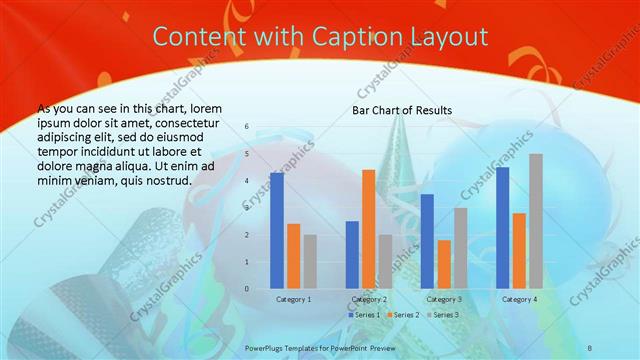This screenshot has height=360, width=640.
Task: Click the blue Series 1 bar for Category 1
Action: tap(277, 231)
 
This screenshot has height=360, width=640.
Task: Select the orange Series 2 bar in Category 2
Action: tap(368, 229)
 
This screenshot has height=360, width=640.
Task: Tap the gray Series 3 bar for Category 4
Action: tap(535, 221)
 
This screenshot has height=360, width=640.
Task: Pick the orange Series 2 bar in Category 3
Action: tap(444, 264)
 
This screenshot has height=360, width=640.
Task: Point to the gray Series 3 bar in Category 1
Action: tap(310, 261)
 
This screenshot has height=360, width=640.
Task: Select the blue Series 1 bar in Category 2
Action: tap(352, 255)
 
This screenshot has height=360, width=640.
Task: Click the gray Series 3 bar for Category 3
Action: tap(460, 248)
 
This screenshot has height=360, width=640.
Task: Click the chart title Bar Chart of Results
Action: tap(402, 110)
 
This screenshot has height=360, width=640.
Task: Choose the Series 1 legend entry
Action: tap(364, 315)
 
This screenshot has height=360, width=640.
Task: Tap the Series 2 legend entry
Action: tap(402, 315)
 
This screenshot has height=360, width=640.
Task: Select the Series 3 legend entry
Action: tap(441, 315)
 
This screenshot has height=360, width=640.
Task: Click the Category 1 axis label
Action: tap(293, 299)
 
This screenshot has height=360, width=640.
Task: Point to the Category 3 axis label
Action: tap(443, 299)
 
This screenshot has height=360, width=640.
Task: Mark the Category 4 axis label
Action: tap(518, 299)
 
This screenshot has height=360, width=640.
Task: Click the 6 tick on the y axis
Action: tap(248, 127)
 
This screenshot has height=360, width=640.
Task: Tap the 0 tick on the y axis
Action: tap(248, 289)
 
